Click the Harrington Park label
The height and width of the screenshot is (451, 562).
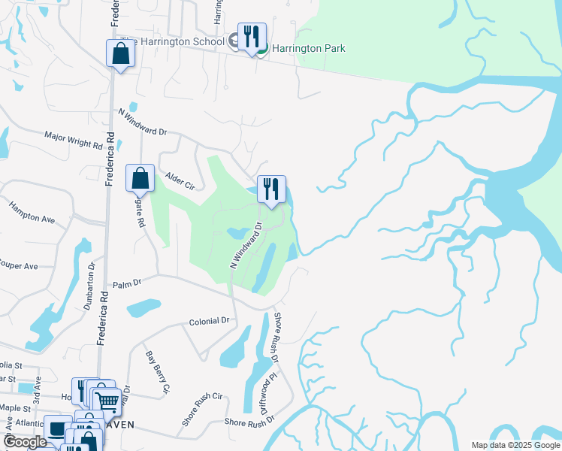[x=308, y=48]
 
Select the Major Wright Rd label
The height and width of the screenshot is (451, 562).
[x=73, y=139]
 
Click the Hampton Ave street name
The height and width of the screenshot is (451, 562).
[x=32, y=213]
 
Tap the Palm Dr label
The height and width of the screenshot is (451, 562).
[x=127, y=284]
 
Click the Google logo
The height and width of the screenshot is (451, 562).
[x=25, y=442]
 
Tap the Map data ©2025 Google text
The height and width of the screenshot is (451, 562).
[x=515, y=445]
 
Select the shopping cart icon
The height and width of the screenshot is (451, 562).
[x=107, y=401]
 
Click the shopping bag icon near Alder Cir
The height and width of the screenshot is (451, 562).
[x=140, y=179]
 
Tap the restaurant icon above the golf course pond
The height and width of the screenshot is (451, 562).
[x=271, y=189]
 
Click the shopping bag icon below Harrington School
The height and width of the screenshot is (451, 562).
[x=120, y=54]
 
